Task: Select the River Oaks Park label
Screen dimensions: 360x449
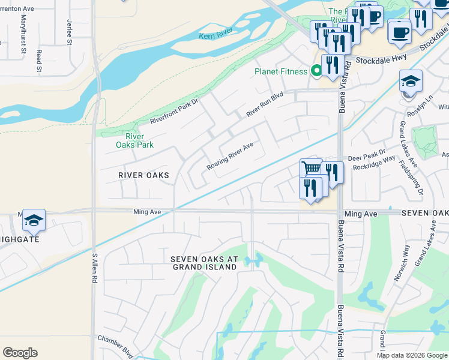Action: pos(135,140)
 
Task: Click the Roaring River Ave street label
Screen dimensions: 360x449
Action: pos(231,155)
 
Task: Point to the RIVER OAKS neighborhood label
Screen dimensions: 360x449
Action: pos(143,175)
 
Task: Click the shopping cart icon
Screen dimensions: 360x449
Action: pos(310,169)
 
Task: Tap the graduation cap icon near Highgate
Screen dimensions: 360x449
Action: pos(34,220)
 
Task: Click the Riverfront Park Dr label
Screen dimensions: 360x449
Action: pos(174,110)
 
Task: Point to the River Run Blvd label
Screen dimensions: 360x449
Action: pos(264,104)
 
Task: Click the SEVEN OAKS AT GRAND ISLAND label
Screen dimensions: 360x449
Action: pos(205,263)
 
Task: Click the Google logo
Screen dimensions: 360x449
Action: pos(20,353)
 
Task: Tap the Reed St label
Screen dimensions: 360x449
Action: pos(39,61)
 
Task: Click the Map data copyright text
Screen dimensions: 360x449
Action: pos(412,355)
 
